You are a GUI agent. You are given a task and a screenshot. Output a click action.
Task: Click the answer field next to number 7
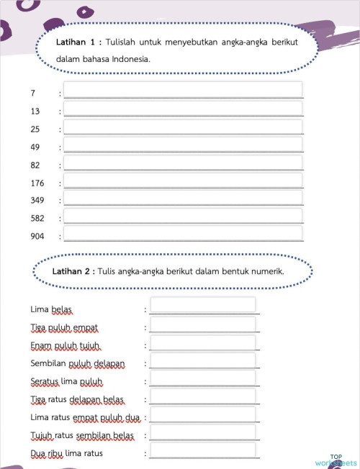pyautogui.click(x=183, y=91)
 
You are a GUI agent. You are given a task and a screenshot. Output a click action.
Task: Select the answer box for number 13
pyautogui.click(x=183, y=109)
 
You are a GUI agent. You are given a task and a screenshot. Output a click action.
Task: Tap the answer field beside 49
pyautogui.click(x=183, y=145)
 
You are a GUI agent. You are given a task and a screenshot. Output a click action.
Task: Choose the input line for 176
pyautogui.click(x=183, y=181)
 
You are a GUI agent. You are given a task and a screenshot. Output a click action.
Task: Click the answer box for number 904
pyautogui.click(x=183, y=233)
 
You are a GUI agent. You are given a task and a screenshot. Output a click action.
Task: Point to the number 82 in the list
pyautogui.click(x=36, y=165)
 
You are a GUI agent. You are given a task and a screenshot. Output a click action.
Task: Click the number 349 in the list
pyautogui.click(x=37, y=200)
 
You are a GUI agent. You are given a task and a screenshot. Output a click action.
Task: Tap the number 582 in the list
pyautogui.click(x=37, y=217)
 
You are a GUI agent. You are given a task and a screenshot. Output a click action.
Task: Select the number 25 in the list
pyautogui.click(x=36, y=130)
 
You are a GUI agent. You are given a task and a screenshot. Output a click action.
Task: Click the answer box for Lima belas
pyautogui.click(x=203, y=306)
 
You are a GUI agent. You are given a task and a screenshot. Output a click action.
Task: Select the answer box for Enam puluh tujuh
pyautogui.click(x=203, y=343)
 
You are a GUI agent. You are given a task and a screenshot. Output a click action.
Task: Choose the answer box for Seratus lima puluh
pyautogui.click(x=203, y=379)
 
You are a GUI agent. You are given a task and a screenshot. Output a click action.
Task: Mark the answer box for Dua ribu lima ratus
pyautogui.click(x=203, y=450)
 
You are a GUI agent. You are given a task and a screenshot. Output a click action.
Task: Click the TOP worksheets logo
pyautogui.click(x=336, y=460)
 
